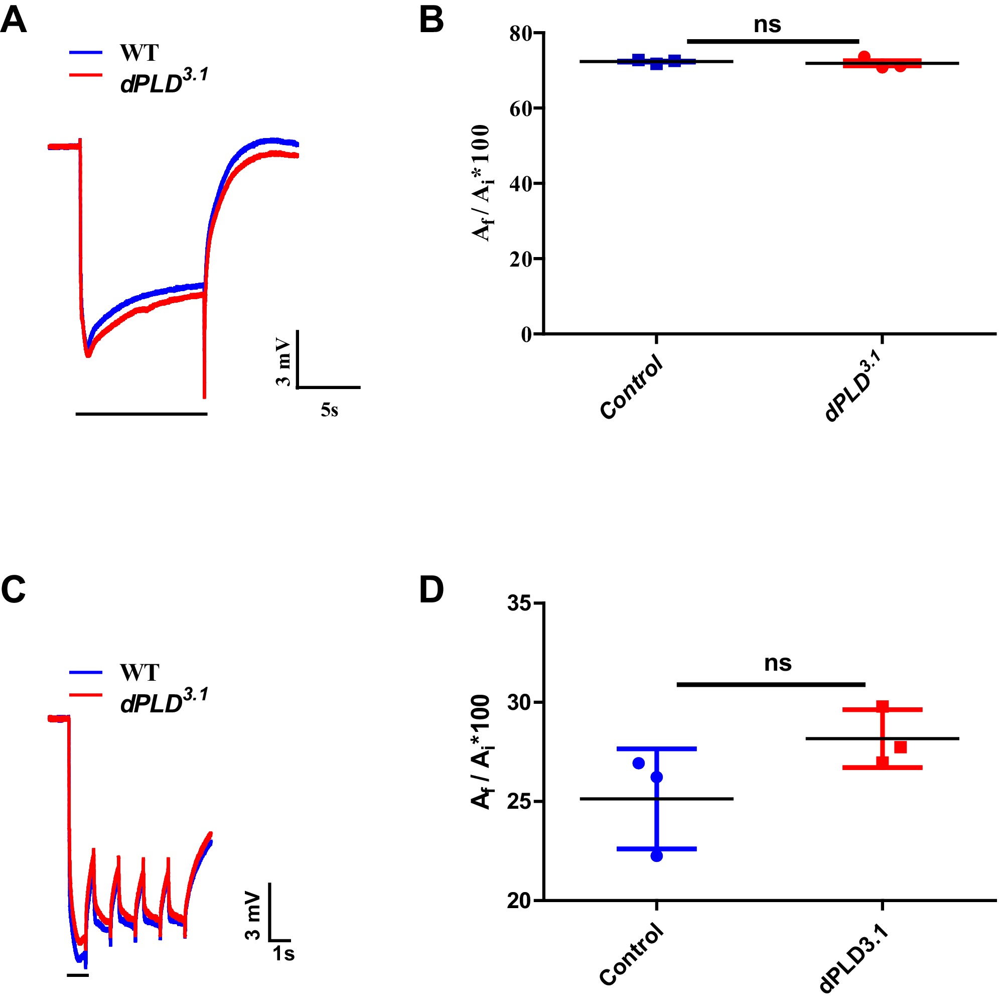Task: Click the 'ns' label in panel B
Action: pos(767,25)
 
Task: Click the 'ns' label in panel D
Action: pos(777,663)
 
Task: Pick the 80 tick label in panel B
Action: pos(520,34)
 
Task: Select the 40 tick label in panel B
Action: pos(520,184)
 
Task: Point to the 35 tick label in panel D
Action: pos(519,604)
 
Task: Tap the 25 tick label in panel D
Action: pos(519,802)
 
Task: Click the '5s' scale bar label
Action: pos(329,410)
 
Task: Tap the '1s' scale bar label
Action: pos(283,954)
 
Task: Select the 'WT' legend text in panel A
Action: pos(139,52)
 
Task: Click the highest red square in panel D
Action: pos(883,706)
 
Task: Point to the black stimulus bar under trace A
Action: pos(141,414)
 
